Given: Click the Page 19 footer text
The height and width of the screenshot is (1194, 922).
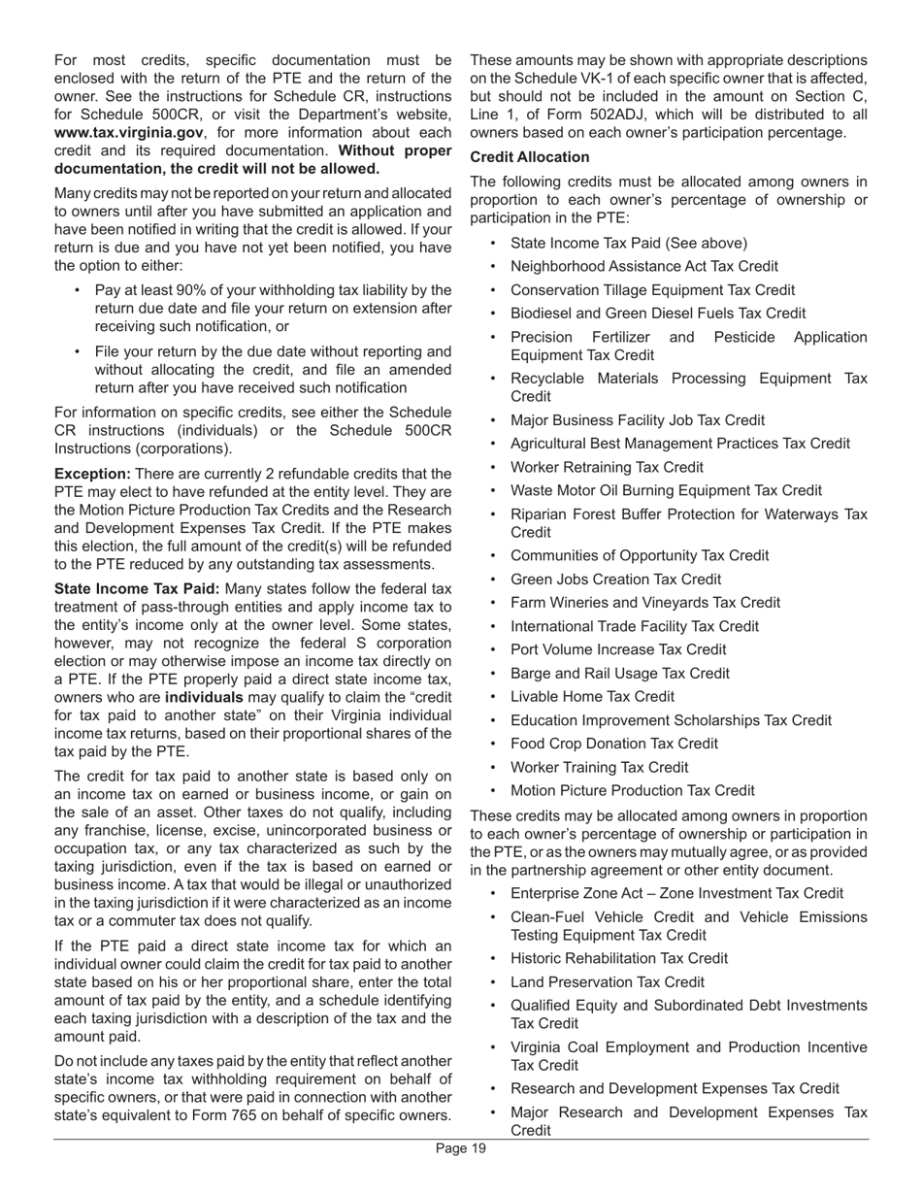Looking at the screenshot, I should pyautogui.click(x=460, y=1149).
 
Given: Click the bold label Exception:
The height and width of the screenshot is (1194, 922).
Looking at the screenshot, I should pyautogui.click(x=92, y=474).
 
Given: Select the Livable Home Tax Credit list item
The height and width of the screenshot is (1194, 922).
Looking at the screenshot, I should pyautogui.click(x=592, y=697).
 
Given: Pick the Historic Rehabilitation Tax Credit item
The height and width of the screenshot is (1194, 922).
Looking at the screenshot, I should pyautogui.click(x=618, y=958).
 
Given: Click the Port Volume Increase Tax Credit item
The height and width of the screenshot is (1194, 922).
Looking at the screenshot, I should pyautogui.click(x=617, y=650).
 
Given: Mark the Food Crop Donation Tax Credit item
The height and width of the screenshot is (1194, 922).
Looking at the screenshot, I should pyautogui.click(x=614, y=744).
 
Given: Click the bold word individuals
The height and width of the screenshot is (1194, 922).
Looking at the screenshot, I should pyautogui.click(x=204, y=698).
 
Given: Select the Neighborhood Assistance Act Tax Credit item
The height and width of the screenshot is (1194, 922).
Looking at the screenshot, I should pyautogui.click(x=643, y=267).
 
